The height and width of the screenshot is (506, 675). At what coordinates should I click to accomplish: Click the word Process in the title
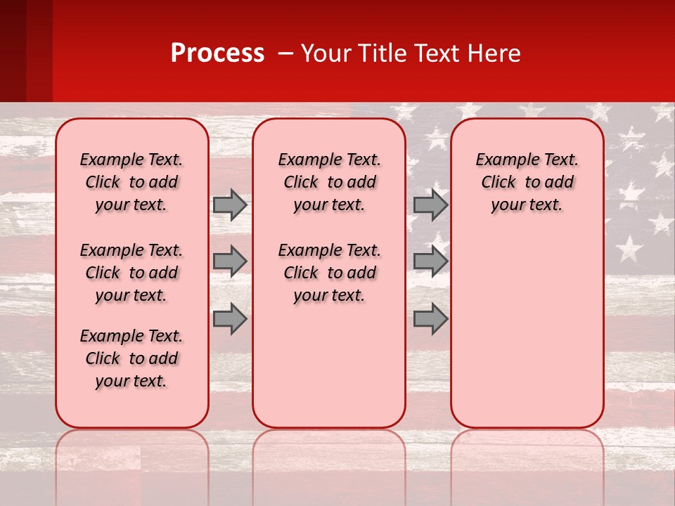(217, 53)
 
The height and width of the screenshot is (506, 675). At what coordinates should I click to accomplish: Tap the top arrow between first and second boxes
(230, 205)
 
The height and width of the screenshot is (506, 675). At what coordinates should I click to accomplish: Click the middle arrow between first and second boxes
(230, 261)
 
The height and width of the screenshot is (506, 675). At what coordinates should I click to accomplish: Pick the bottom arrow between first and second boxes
(230, 319)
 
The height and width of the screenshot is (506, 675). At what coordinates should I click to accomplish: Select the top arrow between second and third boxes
(430, 205)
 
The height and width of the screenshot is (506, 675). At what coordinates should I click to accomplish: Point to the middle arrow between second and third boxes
(430, 261)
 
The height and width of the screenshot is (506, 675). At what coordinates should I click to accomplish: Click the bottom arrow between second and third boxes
(430, 319)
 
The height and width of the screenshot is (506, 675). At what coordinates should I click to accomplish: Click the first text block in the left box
(131, 182)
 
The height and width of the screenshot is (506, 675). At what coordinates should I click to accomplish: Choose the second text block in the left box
(131, 273)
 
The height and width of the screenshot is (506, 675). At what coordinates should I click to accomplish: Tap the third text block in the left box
(131, 358)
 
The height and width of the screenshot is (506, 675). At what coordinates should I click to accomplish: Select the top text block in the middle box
(329, 182)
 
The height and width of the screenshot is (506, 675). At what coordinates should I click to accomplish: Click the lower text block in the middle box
(329, 273)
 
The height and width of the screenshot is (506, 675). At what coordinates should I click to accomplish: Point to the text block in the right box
(527, 182)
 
